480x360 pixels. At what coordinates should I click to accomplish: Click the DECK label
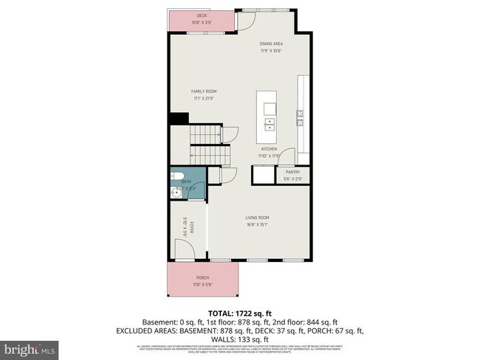[202, 15]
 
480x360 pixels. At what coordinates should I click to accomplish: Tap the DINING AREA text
[271, 44]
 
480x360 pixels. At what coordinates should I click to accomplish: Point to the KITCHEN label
[268, 149]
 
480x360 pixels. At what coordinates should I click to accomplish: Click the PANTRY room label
[292, 172]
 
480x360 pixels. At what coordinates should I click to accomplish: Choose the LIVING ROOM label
[257, 217]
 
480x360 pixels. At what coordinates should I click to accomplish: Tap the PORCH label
[202, 277]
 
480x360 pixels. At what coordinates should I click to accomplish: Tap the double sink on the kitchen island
[270, 122]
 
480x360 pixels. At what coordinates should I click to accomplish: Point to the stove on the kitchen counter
[300, 117]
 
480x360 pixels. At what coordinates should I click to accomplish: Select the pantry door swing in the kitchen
[287, 156]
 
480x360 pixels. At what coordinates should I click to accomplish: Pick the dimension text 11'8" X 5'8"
[202, 284]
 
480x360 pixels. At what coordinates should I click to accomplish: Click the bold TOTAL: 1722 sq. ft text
[240, 313]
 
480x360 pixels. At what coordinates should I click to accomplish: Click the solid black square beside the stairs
[179, 118]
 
